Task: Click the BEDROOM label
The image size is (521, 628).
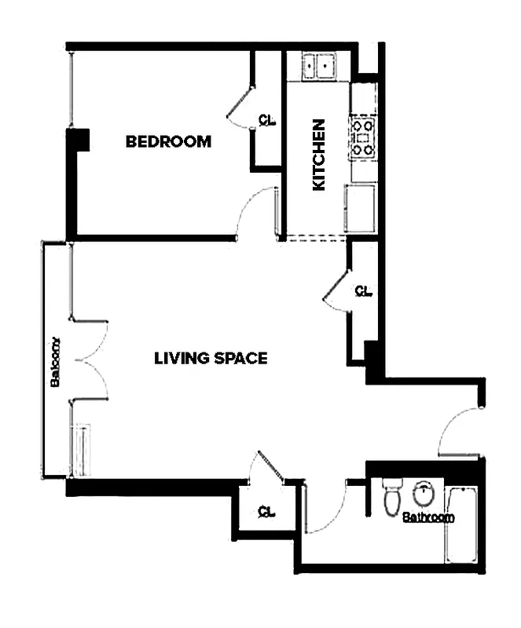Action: pos(168,142)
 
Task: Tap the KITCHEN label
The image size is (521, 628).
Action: pos(318,155)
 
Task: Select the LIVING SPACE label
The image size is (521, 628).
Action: pos(211,359)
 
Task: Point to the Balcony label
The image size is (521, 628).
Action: pos(56,363)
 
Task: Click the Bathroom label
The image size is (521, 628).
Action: pos(428,517)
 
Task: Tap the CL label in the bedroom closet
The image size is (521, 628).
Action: pos(267,120)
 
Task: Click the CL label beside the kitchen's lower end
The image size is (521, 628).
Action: pos(362,291)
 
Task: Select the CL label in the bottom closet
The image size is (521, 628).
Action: pos(266,513)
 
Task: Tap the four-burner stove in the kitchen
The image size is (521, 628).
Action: pos(363,137)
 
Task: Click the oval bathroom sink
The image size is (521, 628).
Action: pos(424,494)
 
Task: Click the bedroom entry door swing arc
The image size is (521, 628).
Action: pos(255,210)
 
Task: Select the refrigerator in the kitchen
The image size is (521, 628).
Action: pos(361,208)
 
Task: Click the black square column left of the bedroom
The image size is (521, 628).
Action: pos(78,140)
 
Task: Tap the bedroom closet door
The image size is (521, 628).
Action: pos(240,105)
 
